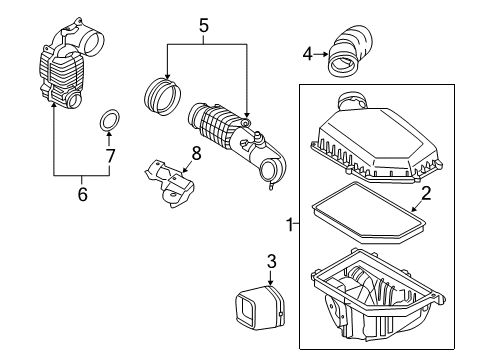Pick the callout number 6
pos(82,194)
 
